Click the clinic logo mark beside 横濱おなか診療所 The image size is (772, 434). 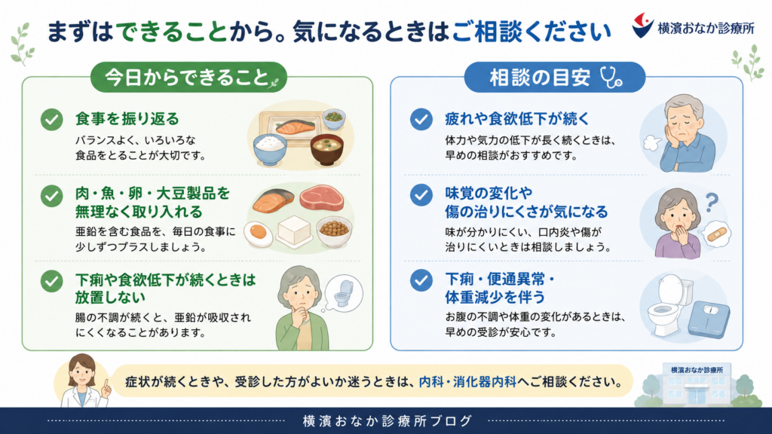tap(642, 26)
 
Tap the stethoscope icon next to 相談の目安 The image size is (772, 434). tap(611, 78)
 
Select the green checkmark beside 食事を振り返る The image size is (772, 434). tap(52, 119)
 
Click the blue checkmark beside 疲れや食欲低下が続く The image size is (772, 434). tap(421, 119)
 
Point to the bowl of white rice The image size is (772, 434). tap(270, 148)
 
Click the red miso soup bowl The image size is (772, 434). tap(327, 149)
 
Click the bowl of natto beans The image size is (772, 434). tap(334, 231)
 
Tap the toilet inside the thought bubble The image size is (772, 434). tap(344, 293)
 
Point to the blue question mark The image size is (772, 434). tap(712, 202)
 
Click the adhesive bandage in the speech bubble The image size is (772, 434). tap(717, 234)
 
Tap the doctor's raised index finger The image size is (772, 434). tap(106, 385)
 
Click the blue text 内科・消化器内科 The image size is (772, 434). tap(467, 381)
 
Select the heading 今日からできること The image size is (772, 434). tap(187, 78)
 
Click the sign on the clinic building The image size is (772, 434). tap(697, 370)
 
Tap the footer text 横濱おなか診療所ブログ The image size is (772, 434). tap(387, 421)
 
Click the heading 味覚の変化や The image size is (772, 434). tap(482, 194)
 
